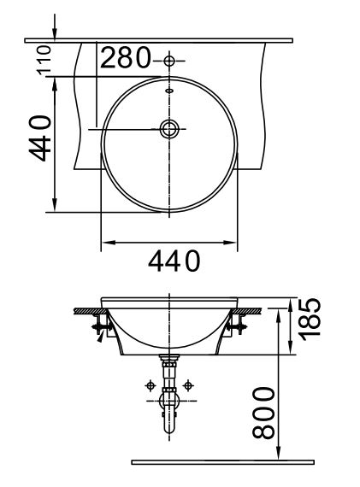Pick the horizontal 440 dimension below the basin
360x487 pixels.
174,260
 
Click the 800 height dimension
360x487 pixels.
267,412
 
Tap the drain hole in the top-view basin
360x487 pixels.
169,129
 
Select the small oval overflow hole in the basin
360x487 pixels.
169,90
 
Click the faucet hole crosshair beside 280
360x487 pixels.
169,61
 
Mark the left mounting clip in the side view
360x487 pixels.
101,327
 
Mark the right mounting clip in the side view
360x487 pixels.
237,326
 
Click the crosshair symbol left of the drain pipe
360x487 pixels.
150,386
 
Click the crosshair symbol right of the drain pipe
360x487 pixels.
189,386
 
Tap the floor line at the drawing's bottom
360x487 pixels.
222,462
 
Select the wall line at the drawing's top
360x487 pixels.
158,39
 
